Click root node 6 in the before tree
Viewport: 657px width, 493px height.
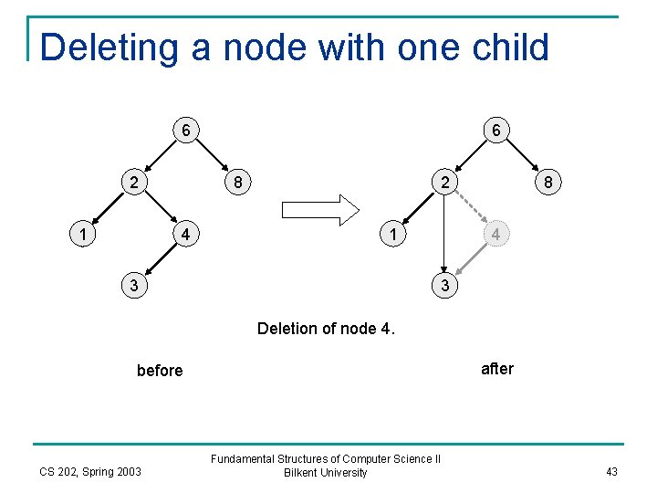[185, 131]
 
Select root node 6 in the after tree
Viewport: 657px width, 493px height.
[495, 131]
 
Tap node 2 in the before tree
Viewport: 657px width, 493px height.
[134, 182]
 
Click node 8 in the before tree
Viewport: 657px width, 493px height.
[237, 182]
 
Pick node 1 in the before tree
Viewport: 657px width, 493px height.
[83, 234]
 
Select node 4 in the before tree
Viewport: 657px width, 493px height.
[185, 234]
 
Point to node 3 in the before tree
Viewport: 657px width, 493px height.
[134, 285]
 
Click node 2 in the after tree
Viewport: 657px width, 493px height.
[443, 182]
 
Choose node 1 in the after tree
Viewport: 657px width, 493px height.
[391, 234]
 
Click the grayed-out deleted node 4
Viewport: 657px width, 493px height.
[495, 234]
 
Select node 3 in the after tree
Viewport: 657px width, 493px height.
[443, 285]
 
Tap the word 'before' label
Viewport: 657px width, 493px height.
[160, 370]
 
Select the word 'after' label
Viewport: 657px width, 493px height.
[496, 369]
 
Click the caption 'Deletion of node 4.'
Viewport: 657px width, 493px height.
[327, 328]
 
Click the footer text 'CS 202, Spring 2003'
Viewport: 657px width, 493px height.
[90, 471]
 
